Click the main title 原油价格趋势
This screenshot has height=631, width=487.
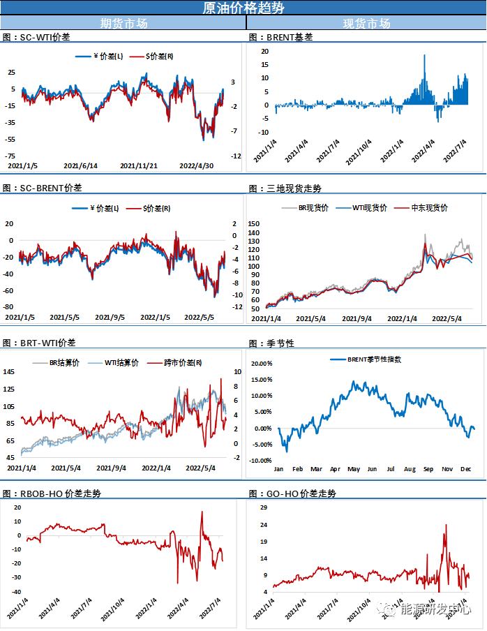[x=243, y=8]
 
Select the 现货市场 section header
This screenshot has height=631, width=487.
[x=366, y=23]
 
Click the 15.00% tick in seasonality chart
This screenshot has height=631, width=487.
[x=261, y=380]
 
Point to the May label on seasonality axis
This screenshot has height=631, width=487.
[x=353, y=469]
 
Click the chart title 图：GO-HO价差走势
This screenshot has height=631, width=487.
[x=292, y=493]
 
